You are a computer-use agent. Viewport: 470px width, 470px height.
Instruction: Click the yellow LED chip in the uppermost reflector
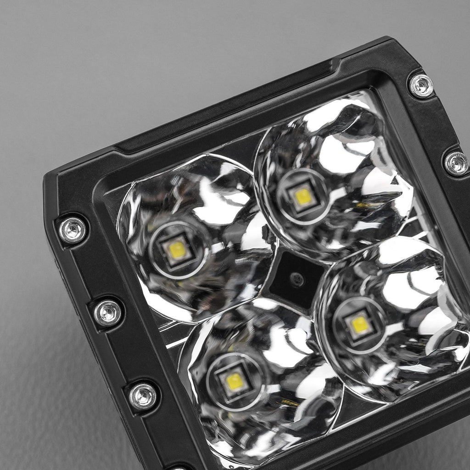(x=303, y=196)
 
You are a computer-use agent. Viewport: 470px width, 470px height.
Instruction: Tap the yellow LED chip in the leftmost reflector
(x=177, y=249)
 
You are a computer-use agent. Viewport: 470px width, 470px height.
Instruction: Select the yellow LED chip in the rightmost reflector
(x=359, y=325)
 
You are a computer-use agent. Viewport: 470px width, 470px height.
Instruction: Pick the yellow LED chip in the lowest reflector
(x=235, y=381)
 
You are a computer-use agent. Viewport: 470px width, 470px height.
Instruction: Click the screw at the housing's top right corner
(x=421, y=86)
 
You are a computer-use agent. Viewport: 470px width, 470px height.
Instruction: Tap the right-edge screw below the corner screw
(x=457, y=163)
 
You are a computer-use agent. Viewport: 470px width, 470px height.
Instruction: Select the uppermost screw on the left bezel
(x=73, y=230)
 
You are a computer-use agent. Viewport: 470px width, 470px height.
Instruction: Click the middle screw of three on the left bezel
(x=108, y=313)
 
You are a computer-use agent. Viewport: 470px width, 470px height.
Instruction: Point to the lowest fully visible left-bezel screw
(x=143, y=396)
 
